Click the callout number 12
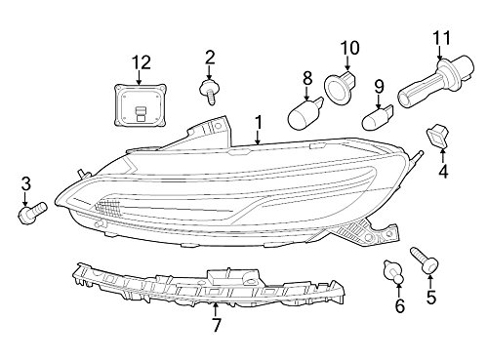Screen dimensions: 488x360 point(142,62)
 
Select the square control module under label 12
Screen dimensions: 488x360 point(141,104)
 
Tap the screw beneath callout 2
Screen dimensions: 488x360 point(209,92)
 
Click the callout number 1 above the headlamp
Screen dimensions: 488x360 point(259,122)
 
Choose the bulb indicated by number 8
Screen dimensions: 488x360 point(305,113)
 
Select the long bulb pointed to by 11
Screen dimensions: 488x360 point(434,82)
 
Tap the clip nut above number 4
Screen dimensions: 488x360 point(437,137)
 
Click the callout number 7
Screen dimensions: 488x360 point(216,324)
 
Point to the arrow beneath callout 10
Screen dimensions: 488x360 point(347,62)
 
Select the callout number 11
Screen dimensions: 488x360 point(442,38)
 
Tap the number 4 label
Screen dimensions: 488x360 point(443,172)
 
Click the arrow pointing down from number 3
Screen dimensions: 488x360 point(25,198)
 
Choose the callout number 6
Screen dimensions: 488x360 point(399,305)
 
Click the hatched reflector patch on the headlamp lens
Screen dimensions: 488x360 point(108,208)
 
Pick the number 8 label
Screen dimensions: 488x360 point(307,78)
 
